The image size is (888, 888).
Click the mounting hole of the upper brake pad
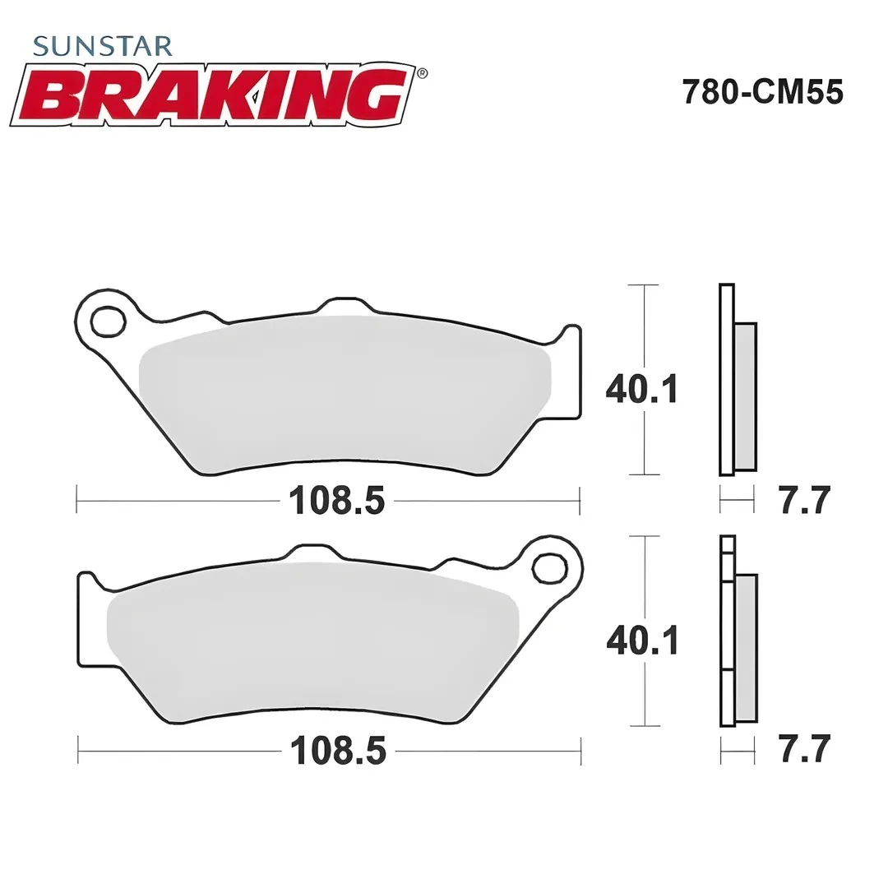[109, 321]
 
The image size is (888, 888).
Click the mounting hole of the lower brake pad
[549, 567]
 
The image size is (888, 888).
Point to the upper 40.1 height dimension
[641, 388]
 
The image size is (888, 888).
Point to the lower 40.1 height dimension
[641, 639]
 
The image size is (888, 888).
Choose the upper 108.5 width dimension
[336, 500]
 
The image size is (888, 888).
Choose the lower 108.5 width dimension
[337, 751]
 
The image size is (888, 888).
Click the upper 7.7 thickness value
[805, 500]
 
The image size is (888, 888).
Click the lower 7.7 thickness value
[805, 749]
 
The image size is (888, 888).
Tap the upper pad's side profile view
[737, 380]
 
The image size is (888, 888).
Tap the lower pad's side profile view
[737, 631]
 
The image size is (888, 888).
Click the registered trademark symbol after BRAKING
[422, 73]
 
